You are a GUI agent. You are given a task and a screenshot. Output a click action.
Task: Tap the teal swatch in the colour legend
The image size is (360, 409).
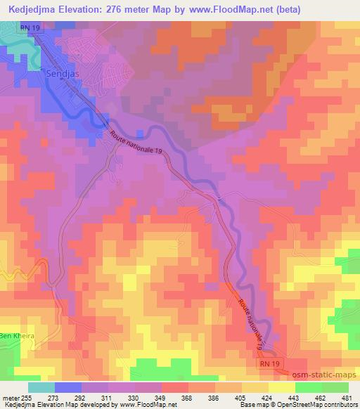click(41, 387)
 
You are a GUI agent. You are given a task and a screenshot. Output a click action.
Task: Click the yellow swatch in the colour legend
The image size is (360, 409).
click(281, 387)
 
